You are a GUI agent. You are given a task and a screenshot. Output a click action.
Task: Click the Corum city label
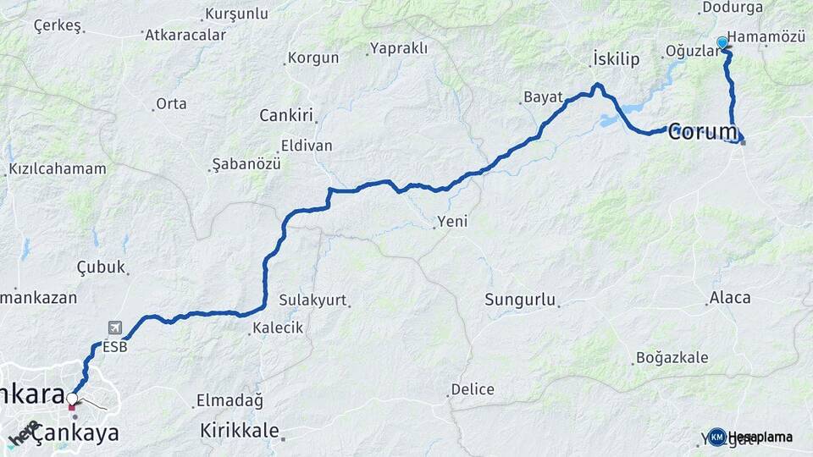(703, 132)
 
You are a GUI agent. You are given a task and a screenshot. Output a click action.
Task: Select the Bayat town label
(543, 97)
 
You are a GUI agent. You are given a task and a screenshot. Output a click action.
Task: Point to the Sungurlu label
(520, 300)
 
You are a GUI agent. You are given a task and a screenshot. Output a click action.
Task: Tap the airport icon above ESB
(114, 328)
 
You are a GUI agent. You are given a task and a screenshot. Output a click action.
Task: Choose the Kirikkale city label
(240, 431)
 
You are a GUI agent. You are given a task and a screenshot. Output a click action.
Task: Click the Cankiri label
(286, 115)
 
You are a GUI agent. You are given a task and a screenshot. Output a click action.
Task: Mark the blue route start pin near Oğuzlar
(722, 42)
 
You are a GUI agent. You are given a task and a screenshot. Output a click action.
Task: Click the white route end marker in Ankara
(72, 399)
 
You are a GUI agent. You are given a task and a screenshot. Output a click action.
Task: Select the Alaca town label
(730, 298)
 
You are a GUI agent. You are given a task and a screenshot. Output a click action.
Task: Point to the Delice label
(472, 389)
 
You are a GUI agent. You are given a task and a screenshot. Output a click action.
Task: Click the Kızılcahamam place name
(58, 168)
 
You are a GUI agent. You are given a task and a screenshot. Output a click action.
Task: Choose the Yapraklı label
(399, 48)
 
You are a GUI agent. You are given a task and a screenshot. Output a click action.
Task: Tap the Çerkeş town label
(58, 25)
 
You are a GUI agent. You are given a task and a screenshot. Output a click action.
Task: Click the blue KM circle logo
(717, 437)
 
